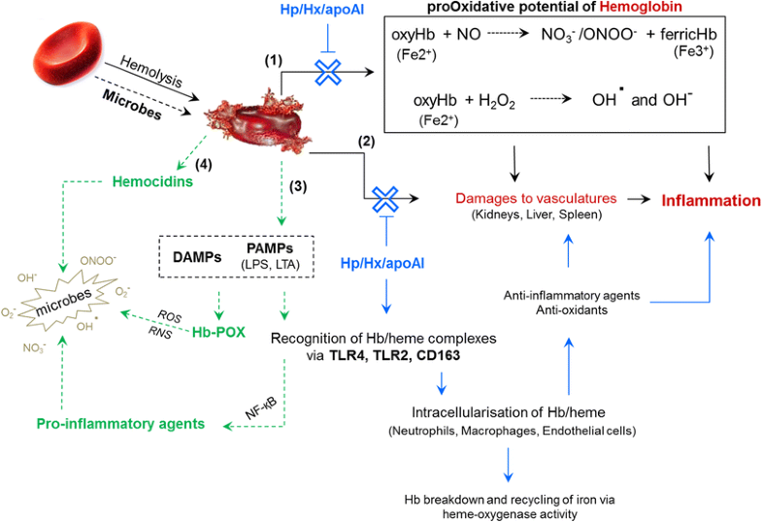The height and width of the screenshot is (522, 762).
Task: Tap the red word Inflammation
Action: pos(711,200)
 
